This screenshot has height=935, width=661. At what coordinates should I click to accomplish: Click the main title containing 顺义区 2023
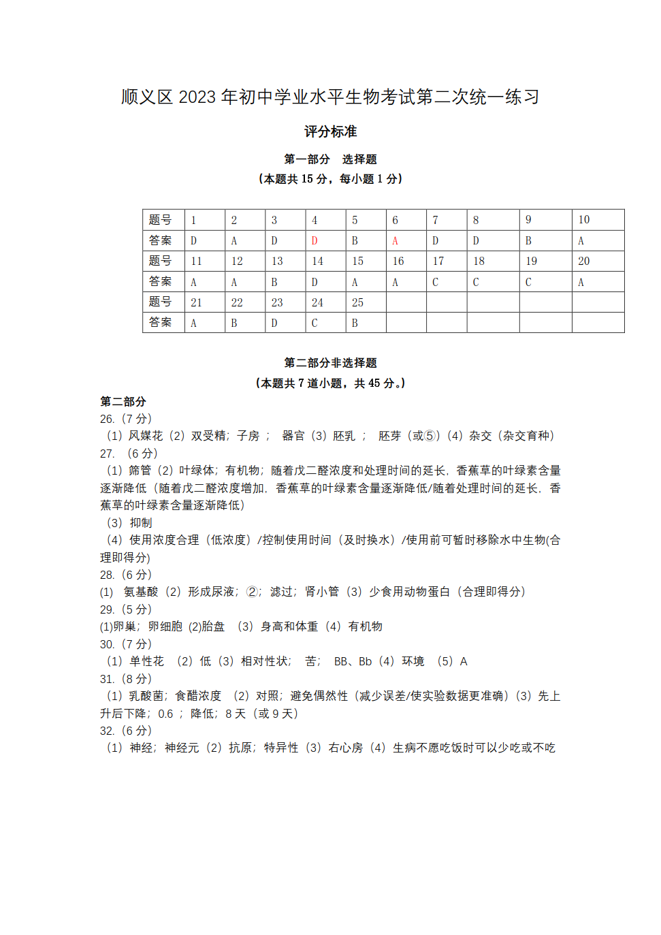click(330, 97)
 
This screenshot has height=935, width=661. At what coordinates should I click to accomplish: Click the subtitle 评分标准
click(330, 131)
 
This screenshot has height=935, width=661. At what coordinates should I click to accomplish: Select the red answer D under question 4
click(315, 241)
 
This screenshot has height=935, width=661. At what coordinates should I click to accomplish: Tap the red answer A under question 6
click(395, 241)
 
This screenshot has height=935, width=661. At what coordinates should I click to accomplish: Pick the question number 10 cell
click(583, 220)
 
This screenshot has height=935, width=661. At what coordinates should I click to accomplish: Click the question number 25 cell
click(357, 302)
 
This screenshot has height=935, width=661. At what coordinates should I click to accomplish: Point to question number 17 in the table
click(438, 262)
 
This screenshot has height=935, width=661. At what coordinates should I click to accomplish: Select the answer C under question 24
click(315, 323)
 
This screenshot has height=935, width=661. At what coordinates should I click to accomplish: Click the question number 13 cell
click(277, 262)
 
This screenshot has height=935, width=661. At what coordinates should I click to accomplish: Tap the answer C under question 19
click(528, 283)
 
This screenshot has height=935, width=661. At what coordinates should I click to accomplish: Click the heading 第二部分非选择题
click(330, 363)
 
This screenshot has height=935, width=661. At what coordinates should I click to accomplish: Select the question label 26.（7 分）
click(126, 419)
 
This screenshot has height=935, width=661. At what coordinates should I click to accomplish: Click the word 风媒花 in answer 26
click(146, 436)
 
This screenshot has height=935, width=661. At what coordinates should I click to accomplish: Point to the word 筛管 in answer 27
click(140, 471)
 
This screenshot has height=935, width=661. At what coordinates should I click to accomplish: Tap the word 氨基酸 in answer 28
click(141, 592)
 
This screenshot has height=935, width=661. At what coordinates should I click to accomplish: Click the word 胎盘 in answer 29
click(213, 627)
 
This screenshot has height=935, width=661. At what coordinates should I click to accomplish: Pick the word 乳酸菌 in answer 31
click(146, 696)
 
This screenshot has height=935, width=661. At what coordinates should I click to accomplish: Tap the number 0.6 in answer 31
click(165, 714)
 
